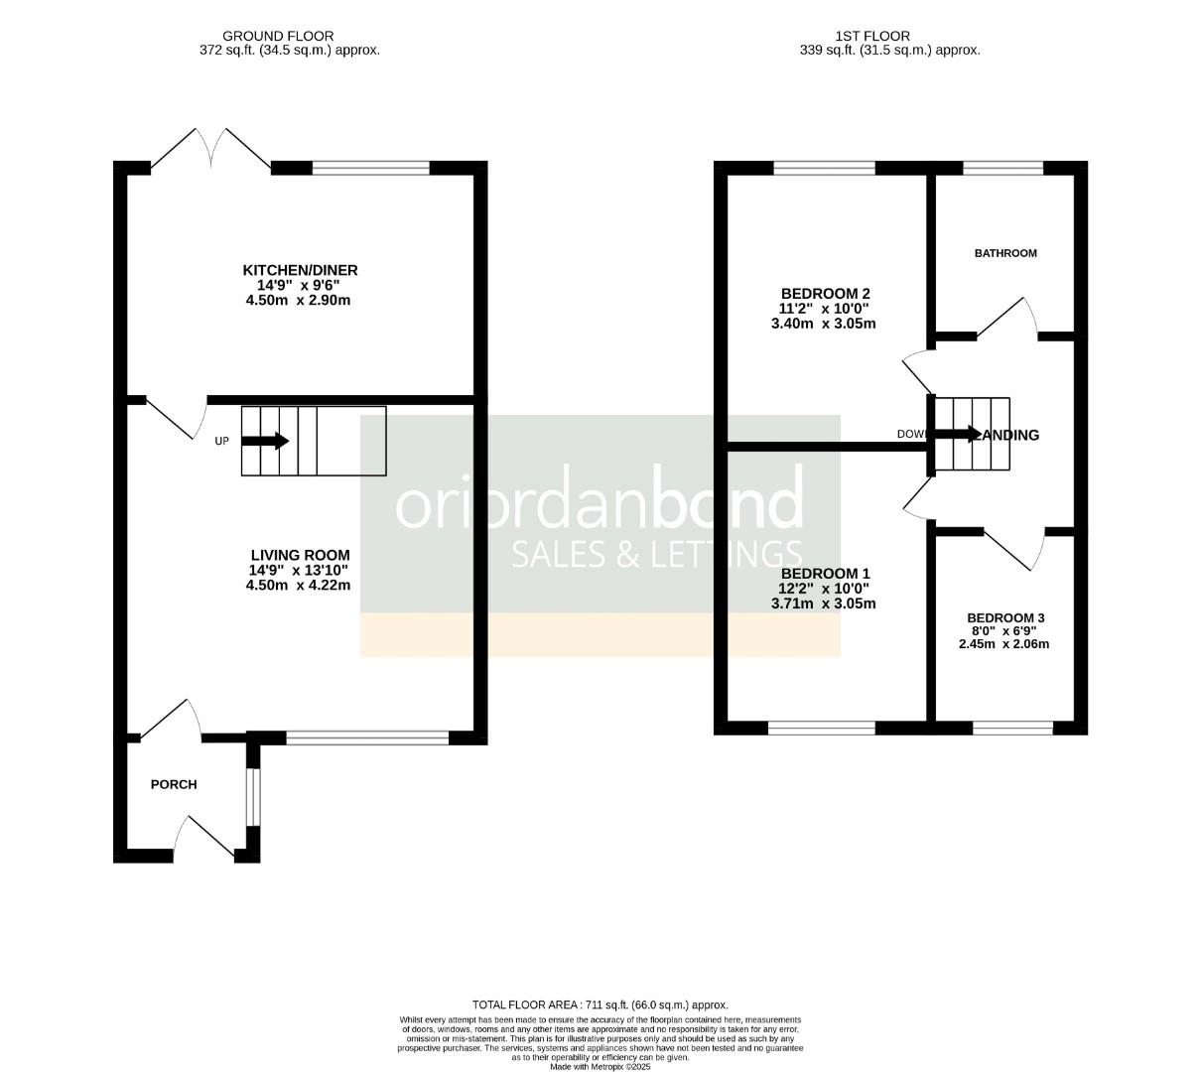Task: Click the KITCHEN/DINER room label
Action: (x=300, y=270)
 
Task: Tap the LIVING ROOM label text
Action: (x=300, y=555)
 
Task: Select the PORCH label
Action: (x=174, y=784)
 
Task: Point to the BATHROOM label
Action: (x=1004, y=253)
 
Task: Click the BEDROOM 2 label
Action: (x=825, y=293)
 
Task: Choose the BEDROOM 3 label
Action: (x=1004, y=617)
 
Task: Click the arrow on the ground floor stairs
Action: (x=265, y=441)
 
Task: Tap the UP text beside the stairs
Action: (x=221, y=442)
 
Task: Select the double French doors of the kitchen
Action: (x=210, y=149)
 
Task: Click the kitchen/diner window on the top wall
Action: (x=370, y=168)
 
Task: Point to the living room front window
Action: (x=367, y=737)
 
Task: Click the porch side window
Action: (x=252, y=797)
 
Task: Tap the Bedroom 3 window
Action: (x=1011, y=729)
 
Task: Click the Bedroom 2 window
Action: (x=824, y=168)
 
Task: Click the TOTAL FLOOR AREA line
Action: (x=600, y=1005)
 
